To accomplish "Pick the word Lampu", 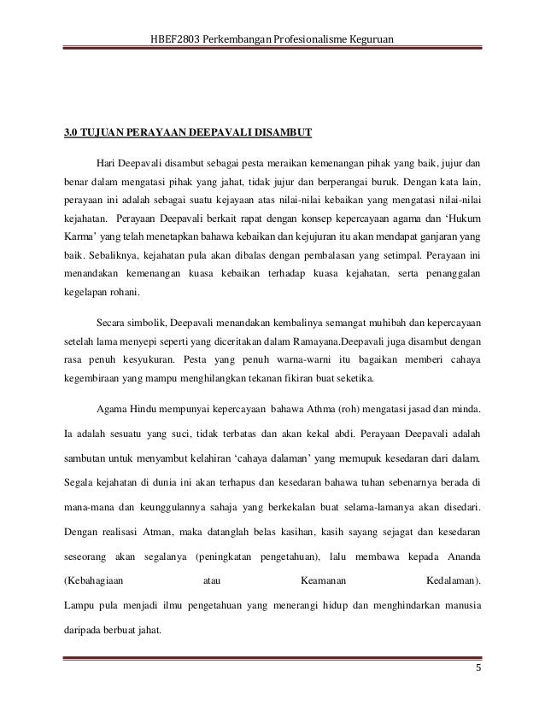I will point(80,608).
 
